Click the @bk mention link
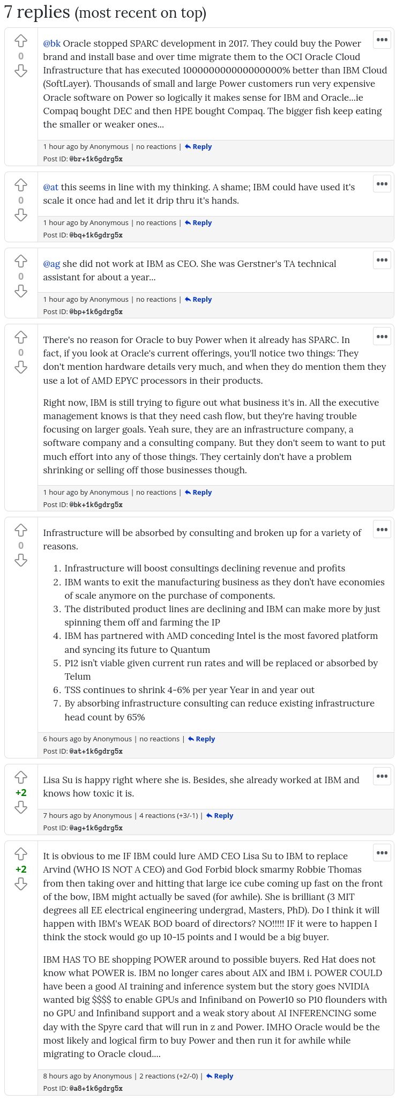tap(51, 43)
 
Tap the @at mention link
tap(51, 187)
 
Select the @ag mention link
tap(51, 264)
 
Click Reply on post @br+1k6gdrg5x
tap(198, 147)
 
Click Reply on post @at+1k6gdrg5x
tap(201, 739)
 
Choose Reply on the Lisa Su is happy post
tap(220, 816)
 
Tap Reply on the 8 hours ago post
tap(220, 1076)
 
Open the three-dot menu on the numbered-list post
tap(382, 530)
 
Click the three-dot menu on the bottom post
tap(382, 853)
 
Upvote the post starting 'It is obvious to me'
tap(21, 853)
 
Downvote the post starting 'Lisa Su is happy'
tap(21, 807)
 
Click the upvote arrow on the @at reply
tap(21, 185)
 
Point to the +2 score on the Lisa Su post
tap(21, 793)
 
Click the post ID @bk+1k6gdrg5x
tap(96, 505)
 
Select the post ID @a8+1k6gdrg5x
tap(96, 1089)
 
